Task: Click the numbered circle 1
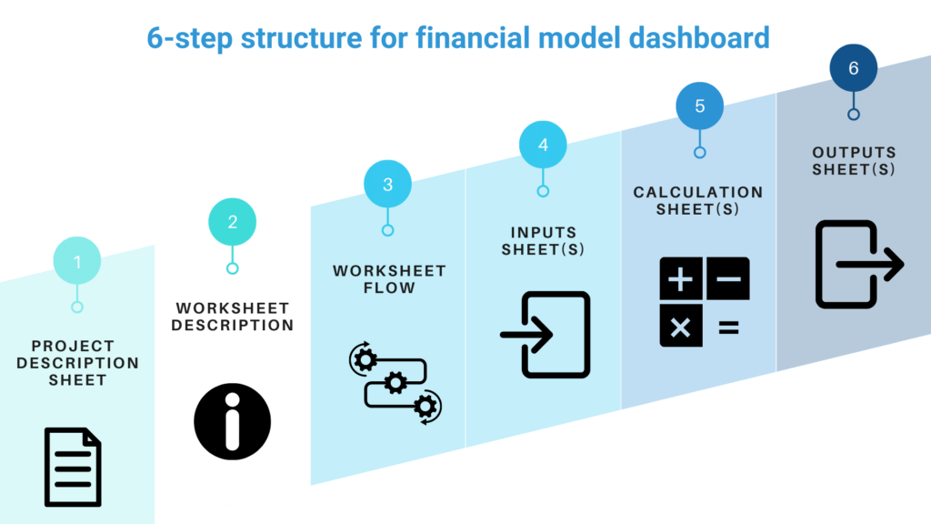point(77,262)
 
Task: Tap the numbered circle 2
point(233,222)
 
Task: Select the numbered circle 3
point(388,184)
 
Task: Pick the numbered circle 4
point(544,145)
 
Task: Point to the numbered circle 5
point(699,106)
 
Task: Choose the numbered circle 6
point(854,68)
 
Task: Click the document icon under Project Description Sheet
point(74,467)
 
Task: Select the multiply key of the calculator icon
point(680,327)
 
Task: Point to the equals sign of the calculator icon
point(728,327)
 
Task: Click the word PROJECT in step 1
point(73,346)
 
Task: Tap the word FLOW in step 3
point(388,288)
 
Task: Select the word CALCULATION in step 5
point(698,192)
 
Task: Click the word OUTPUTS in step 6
point(854,153)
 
